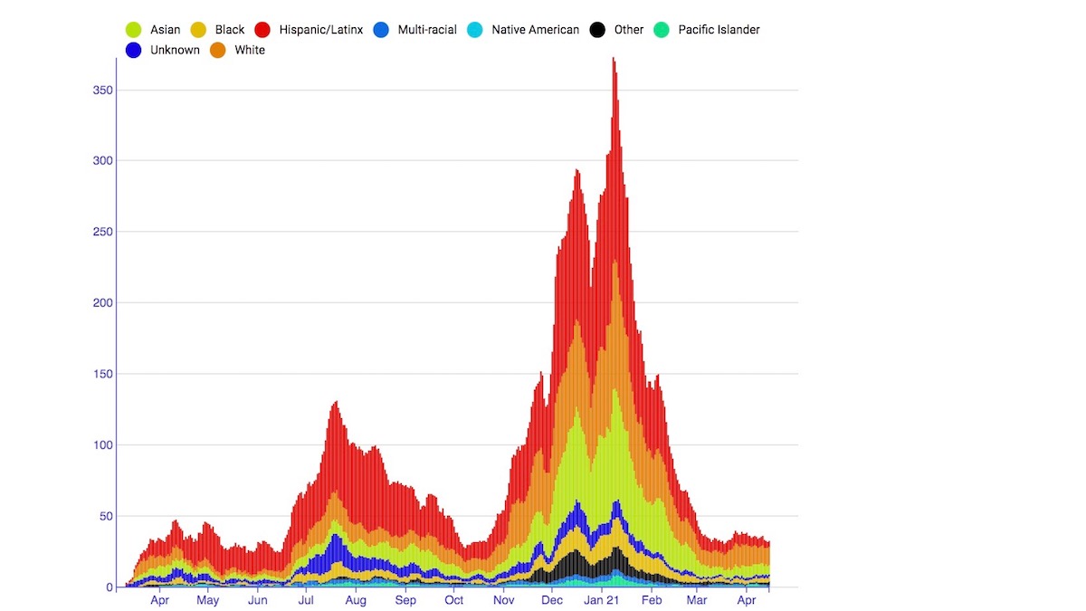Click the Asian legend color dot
133,30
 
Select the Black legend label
230,30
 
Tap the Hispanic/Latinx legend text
321,30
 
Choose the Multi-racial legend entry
427,30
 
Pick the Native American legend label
535,30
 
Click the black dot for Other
597,30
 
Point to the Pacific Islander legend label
719,30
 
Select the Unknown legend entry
175,51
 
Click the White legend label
250,51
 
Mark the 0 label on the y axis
110,587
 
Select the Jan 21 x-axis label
601,600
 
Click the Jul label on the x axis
306,600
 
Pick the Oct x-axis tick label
453,600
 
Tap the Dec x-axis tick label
551,600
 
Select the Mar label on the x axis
696,600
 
